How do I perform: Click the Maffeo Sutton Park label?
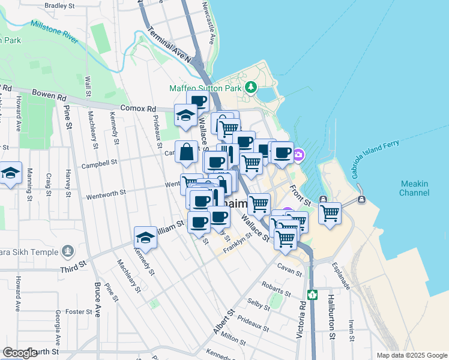click(x=205, y=88)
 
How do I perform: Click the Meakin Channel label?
click(x=414, y=188)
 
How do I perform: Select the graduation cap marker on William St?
click(x=145, y=238)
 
